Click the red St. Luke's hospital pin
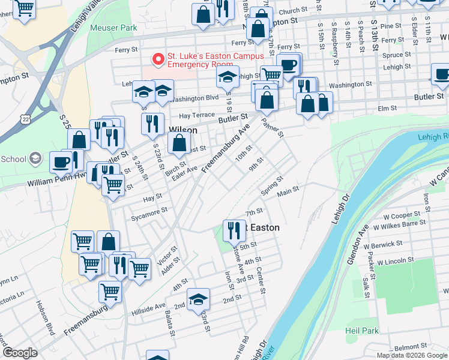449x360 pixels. tap(158, 59)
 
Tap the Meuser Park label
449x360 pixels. tap(113, 28)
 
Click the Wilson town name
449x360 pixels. tap(183, 130)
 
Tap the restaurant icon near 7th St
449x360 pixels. tap(233, 230)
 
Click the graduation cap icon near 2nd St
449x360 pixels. tap(198, 298)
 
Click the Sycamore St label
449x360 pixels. tap(149, 212)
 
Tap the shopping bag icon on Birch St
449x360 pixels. tap(179, 143)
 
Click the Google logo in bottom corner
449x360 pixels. tap(20, 353)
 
